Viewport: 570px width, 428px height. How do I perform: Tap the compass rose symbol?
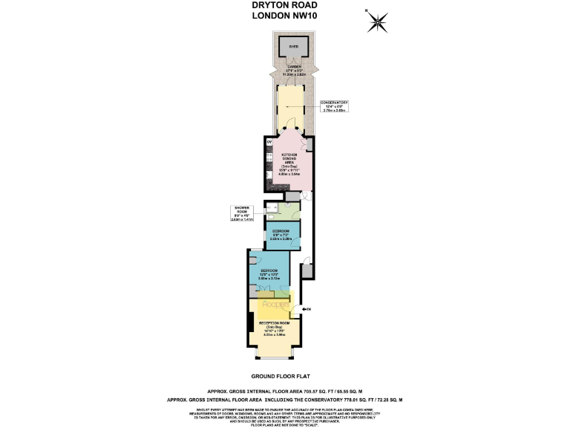click(379, 22)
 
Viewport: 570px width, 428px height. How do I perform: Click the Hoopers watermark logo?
click(276, 303)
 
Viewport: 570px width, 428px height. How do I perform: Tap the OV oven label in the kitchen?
click(269, 142)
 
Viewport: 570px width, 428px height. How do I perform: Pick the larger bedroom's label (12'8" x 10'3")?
click(268, 273)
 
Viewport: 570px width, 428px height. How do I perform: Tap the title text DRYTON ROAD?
click(285, 6)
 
